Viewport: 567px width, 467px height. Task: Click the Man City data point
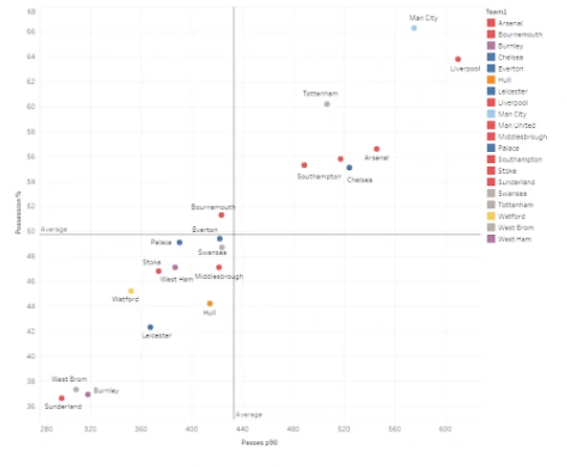[414, 28]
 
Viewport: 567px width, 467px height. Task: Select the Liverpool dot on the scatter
[458, 59]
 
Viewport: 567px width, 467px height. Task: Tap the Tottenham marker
[327, 104]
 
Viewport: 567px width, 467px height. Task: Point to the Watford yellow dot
[130, 291]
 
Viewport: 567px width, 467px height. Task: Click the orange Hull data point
[210, 303]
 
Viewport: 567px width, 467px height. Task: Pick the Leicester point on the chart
[150, 327]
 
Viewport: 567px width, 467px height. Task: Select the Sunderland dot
[61, 398]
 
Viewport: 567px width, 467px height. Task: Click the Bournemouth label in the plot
[213, 207]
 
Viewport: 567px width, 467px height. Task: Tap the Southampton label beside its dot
[318, 177]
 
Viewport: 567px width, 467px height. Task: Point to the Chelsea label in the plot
[360, 179]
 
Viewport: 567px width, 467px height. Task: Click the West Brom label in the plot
[69, 379]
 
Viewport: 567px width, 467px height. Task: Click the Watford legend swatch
[491, 216]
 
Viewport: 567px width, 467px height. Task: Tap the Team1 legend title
[496, 12]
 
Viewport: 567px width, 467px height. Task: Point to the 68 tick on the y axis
[30, 12]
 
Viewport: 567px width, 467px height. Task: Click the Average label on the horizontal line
[54, 230]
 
